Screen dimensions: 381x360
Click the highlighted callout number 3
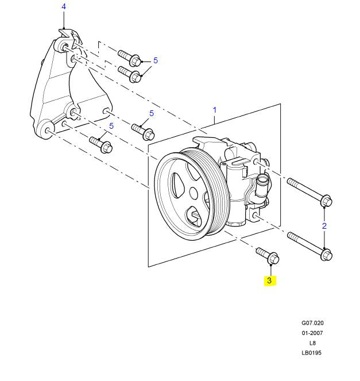click(x=269, y=281)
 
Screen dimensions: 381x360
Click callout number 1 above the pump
click(x=215, y=110)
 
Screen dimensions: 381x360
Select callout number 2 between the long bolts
click(x=324, y=226)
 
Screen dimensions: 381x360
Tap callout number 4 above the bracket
click(x=64, y=7)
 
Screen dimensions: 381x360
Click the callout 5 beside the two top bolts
click(x=155, y=60)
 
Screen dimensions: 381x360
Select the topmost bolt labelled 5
click(x=130, y=57)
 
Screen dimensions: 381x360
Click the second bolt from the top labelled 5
click(x=130, y=74)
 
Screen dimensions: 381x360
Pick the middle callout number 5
click(x=152, y=114)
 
